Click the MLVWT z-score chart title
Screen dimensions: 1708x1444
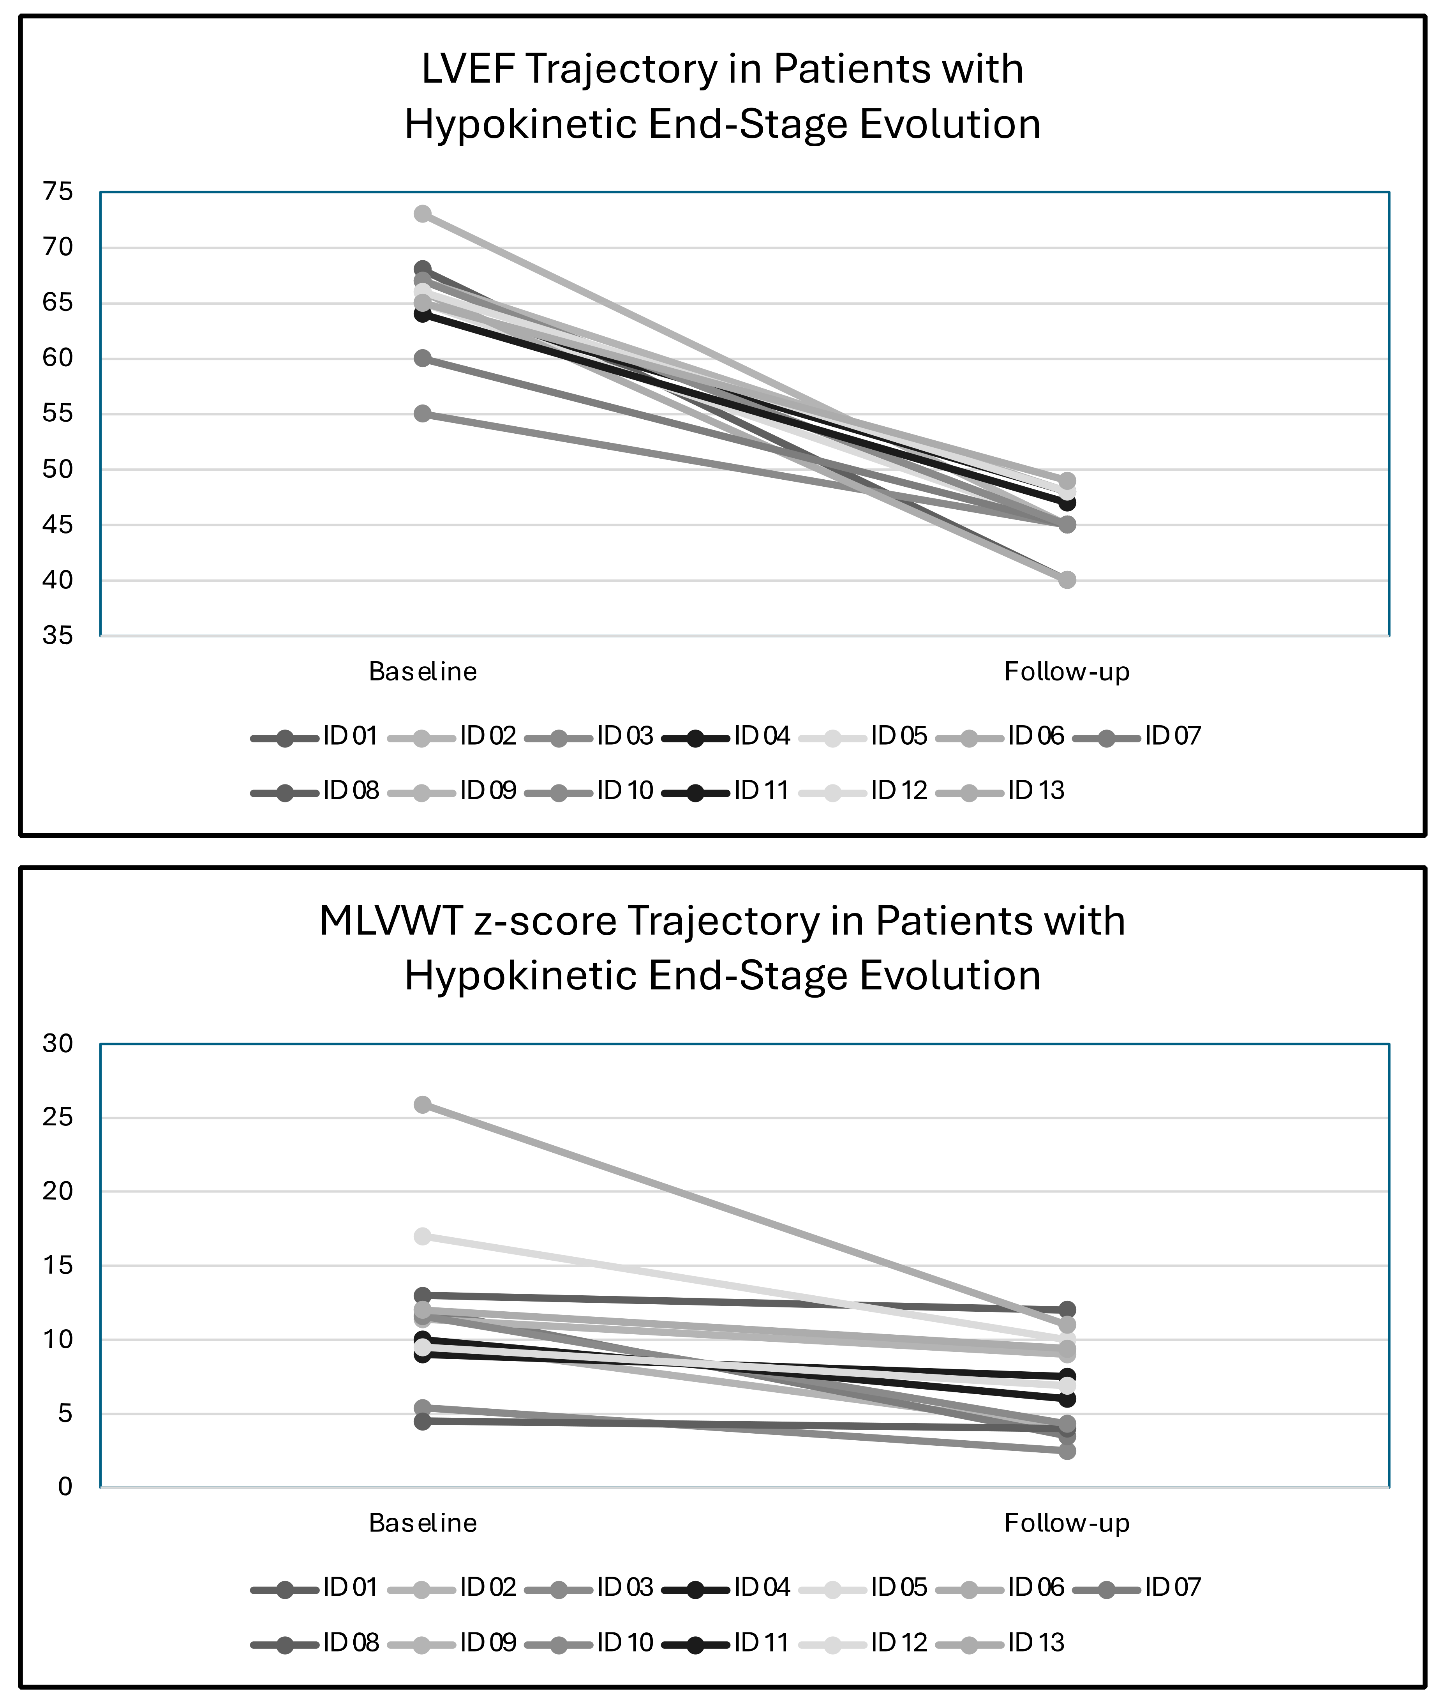coord(722,948)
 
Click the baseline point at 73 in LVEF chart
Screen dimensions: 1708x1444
coord(422,214)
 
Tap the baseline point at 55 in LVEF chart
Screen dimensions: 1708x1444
coord(422,413)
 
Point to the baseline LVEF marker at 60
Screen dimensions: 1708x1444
coord(422,358)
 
